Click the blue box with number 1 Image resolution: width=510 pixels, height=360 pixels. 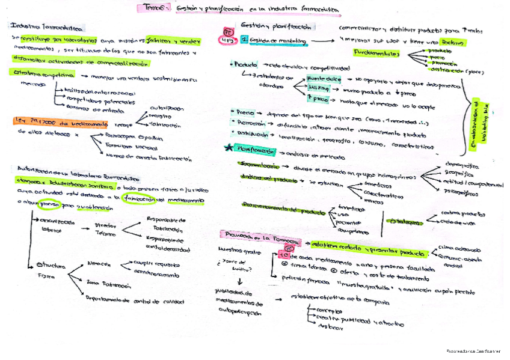click(244, 40)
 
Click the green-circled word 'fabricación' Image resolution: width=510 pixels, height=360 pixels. click(139, 200)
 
